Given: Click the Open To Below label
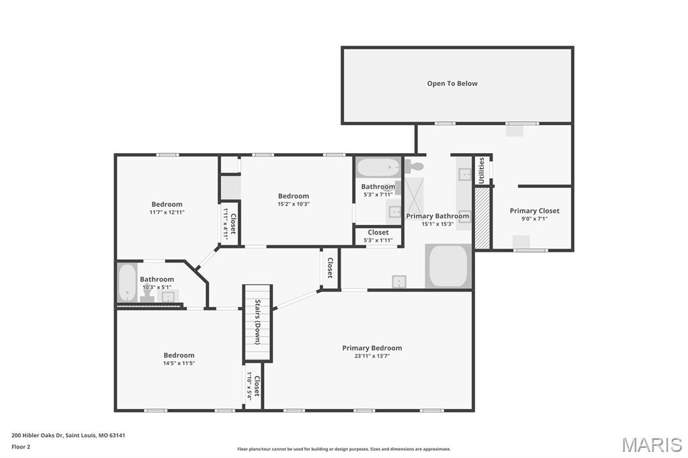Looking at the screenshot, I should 452,83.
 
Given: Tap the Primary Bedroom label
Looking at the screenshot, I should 372,348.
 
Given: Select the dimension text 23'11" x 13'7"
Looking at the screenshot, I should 372,357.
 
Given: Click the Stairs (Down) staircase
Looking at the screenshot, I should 257,323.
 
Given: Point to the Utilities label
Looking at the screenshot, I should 481,170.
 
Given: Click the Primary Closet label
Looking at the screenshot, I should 534,211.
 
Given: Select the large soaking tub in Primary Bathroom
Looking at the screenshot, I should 448,266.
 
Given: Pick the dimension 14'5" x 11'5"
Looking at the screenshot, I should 179,363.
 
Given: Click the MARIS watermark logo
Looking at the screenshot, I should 651,445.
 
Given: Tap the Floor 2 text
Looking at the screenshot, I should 21,446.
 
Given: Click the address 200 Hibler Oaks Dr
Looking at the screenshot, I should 68,435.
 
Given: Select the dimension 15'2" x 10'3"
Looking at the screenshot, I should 294,204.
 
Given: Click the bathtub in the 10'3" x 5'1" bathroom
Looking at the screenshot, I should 127,283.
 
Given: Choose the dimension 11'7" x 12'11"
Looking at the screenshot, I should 167,212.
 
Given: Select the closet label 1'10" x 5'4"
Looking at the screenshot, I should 253,386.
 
